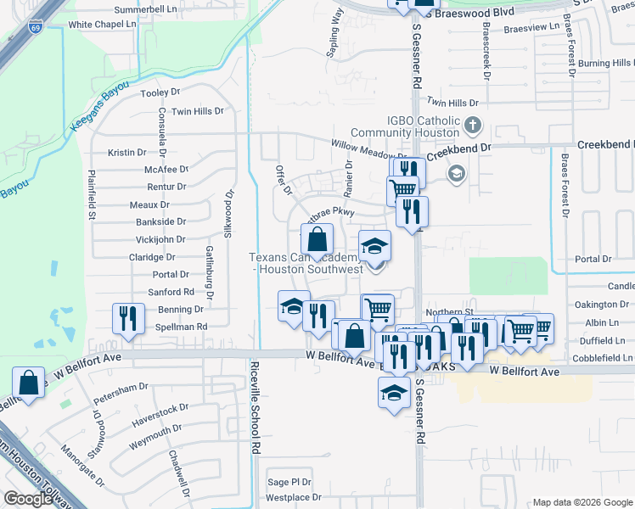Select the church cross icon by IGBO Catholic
pyautogui.click(x=474, y=127)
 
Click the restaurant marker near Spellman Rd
pyautogui.click(x=128, y=318)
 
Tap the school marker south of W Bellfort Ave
pyautogui.click(x=394, y=393)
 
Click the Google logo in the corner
pyautogui.click(x=28, y=499)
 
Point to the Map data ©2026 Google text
pyautogui.click(x=582, y=502)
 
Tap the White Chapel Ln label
pyautogui.click(x=104, y=25)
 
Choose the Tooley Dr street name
pyautogui.click(x=161, y=92)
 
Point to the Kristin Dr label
pyautogui.click(x=127, y=153)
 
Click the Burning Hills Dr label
pyautogui.click(x=606, y=64)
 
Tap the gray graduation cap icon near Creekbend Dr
pyautogui.click(x=457, y=173)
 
